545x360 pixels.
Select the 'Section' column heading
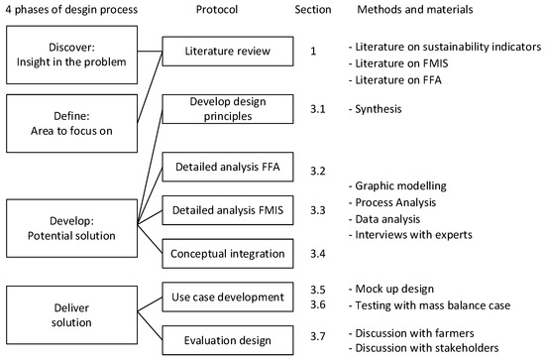click(x=314, y=10)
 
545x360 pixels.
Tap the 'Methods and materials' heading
click(x=417, y=10)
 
